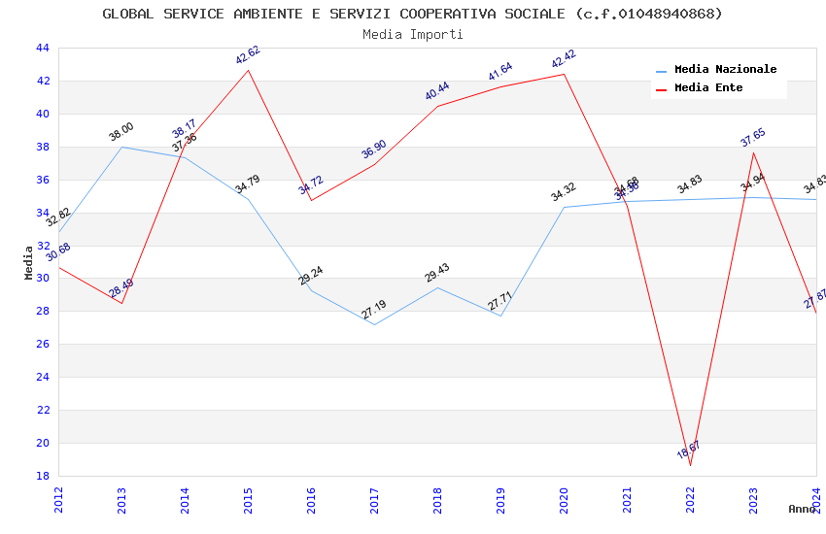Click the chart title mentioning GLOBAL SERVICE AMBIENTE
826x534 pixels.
[x=412, y=14]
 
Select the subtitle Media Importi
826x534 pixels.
[x=412, y=34]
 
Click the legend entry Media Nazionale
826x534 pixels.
[x=725, y=70]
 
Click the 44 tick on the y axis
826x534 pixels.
[x=42, y=49]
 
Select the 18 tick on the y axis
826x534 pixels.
[x=42, y=477]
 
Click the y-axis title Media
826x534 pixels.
[x=28, y=262]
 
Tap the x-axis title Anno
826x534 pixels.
[x=802, y=509]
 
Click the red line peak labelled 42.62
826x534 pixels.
[x=249, y=70]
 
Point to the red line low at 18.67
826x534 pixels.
[x=691, y=465]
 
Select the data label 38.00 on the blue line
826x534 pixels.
[x=121, y=132]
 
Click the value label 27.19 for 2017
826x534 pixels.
[x=374, y=310]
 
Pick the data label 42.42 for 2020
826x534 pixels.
[x=564, y=59]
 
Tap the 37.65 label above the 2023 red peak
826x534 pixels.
[x=753, y=138]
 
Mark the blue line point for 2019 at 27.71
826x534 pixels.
[x=501, y=316]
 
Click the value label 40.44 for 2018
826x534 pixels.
[x=437, y=92]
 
